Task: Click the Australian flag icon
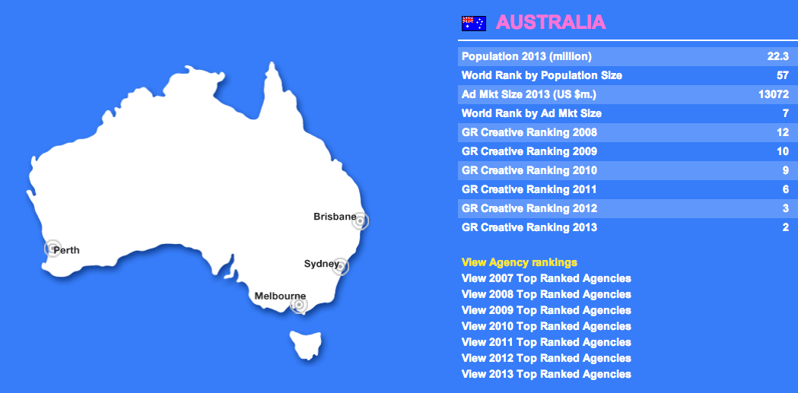point(473,24)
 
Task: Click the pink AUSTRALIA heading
point(551,22)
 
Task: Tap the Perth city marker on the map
point(52,248)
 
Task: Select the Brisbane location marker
point(360,221)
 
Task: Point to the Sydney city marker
point(341,266)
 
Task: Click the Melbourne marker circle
point(299,305)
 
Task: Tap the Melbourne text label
point(280,296)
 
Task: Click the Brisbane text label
point(335,217)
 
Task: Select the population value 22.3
point(778,56)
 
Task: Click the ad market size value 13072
point(774,94)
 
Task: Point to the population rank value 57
point(783,75)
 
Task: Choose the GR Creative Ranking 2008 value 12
point(783,132)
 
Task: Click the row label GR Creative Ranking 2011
point(529,189)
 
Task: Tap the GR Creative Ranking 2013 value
point(786,227)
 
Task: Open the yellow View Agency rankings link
point(519,262)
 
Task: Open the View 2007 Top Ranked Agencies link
point(546,279)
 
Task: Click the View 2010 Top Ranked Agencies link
point(546,326)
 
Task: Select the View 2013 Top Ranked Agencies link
point(546,374)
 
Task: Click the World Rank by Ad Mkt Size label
point(531,113)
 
